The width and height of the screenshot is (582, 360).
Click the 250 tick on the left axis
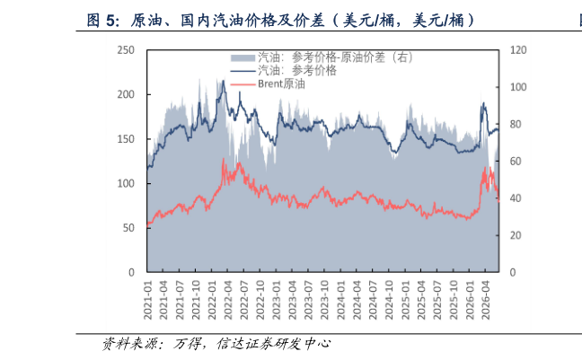(x=126, y=50)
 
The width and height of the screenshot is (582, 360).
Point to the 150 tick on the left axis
(x=126, y=139)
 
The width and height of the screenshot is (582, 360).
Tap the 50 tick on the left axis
(x=128, y=228)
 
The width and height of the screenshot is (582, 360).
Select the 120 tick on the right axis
(x=518, y=50)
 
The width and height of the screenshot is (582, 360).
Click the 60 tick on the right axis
(x=516, y=162)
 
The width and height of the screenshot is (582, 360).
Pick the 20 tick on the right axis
(x=516, y=235)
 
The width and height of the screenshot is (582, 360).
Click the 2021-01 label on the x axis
(x=147, y=300)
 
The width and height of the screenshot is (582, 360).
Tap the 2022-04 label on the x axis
(x=228, y=300)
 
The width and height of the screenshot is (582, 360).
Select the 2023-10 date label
(x=325, y=300)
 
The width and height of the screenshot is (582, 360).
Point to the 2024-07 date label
(x=373, y=300)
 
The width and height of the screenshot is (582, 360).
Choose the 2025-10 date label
(x=454, y=300)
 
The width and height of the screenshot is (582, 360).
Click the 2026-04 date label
(x=486, y=300)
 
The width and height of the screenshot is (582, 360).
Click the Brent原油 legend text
(x=281, y=83)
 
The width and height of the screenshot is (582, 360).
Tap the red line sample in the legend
(x=243, y=84)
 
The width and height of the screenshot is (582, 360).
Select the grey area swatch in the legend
(x=243, y=57)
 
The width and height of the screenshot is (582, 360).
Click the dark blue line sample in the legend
(x=243, y=71)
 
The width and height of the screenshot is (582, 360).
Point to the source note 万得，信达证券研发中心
(x=251, y=344)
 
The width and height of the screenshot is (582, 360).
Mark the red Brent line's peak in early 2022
(x=224, y=159)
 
